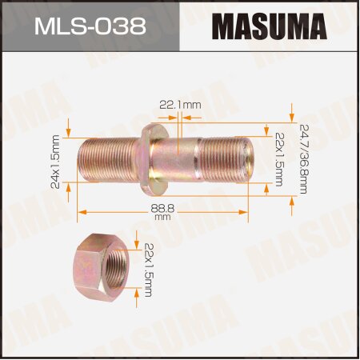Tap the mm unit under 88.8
coord(162,216)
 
